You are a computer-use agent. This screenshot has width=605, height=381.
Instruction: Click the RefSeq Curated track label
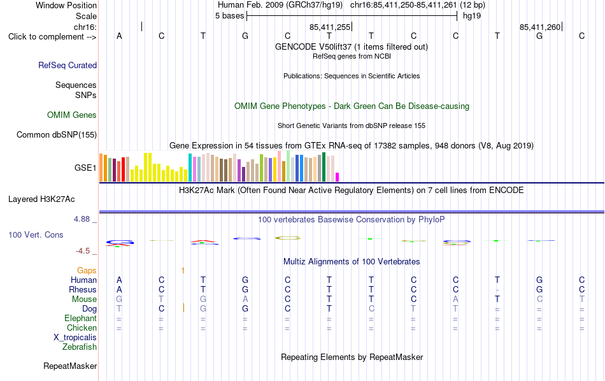tap(68, 65)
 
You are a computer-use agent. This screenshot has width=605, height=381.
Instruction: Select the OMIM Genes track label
tap(72, 115)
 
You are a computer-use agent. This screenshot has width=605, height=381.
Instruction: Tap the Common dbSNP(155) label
tap(57, 134)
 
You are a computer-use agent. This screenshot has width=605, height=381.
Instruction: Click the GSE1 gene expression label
tap(85, 168)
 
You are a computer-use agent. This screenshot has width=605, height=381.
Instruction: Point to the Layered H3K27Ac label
tap(41, 199)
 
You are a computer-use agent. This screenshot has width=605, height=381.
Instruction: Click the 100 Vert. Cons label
tap(36, 234)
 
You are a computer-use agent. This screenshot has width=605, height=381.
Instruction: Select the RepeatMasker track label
tap(70, 366)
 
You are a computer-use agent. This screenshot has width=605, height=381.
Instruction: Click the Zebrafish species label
tap(80, 347)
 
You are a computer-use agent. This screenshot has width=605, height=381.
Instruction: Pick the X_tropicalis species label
tap(75, 338)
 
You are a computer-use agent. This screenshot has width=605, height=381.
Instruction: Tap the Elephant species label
tap(80, 318)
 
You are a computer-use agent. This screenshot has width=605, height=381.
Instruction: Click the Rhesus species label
tap(83, 289)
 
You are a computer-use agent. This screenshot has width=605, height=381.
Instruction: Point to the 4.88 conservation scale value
tap(82, 219)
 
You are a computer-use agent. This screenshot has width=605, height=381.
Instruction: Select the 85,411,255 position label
tap(330, 27)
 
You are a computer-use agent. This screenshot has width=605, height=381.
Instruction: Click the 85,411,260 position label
tap(540, 27)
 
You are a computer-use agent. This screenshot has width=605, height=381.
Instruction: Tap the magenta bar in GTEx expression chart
tap(338, 177)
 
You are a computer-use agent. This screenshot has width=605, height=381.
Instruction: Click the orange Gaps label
tap(87, 271)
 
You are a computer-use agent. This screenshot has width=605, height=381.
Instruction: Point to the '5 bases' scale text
tap(229, 16)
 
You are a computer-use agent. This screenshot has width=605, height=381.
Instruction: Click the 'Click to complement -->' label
tap(52, 37)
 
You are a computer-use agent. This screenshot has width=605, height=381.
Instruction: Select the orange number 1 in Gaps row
tap(183, 271)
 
